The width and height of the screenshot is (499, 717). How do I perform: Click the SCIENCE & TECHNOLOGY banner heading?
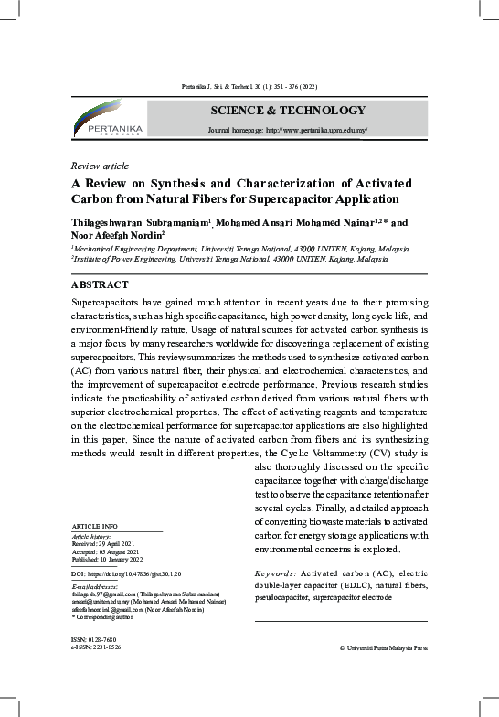pyautogui.click(x=288, y=112)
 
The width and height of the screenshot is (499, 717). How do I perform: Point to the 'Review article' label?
pyautogui.click(x=100, y=166)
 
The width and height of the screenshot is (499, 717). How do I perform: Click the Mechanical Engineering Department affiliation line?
pyautogui.click(x=239, y=249)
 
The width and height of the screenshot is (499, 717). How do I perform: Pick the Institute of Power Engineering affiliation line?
pyautogui.click(x=228, y=260)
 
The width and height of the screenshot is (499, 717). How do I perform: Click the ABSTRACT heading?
pyautogui.click(x=100, y=285)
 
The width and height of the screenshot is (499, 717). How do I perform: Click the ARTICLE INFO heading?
pyautogui.click(x=94, y=528)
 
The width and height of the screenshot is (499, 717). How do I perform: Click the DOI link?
pyautogui.click(x=127, y=573)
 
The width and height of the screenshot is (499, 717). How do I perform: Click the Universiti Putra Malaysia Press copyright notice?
pyautogui.click(x=382, y=647)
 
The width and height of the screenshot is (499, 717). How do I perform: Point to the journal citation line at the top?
pyautogui.click(x=249, y=86)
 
